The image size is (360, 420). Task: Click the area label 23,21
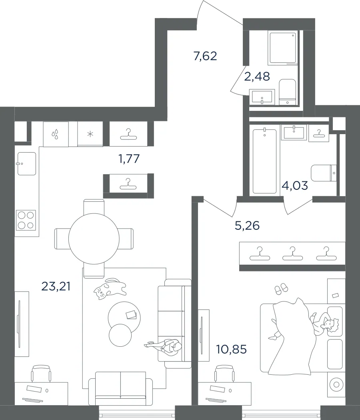point(56,286)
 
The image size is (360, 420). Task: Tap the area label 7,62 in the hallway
point(205,56)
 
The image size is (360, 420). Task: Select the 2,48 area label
point(257,76)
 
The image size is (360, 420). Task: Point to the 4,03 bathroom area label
point(295,185)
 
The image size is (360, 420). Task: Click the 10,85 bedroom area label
point(232,349)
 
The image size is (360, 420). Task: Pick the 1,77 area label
point(129,159)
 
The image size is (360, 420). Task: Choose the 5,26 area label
point(247,225)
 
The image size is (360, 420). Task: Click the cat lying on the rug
point(110,289)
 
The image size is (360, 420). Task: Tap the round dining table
point(94,239)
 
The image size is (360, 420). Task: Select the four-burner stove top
point(26,220)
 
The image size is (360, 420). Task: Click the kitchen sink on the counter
point(27,164)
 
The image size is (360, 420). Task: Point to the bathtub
point(264,161)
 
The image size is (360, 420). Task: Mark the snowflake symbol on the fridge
point(90,134)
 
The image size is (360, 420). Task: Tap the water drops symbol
point(55,135)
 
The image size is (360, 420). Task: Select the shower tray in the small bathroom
point(283,48)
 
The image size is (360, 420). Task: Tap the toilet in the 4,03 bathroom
point(324,173)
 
